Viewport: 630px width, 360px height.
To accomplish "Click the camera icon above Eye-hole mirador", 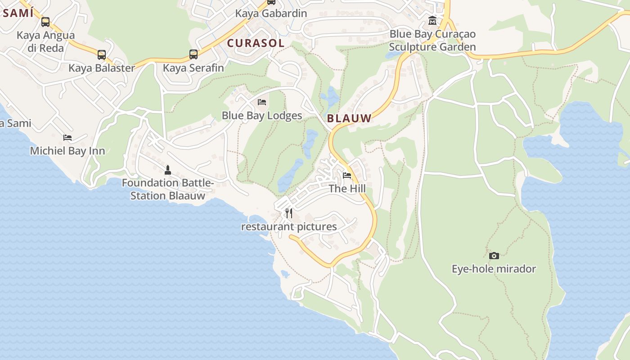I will (x=494, y=256).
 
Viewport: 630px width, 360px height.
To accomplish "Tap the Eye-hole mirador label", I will (x=494, y=269).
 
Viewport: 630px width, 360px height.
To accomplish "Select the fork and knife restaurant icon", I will (x=289, y=213).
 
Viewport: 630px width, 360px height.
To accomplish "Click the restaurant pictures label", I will (x=289, y=227).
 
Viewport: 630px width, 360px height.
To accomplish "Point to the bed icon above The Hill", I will (x=347, y=175).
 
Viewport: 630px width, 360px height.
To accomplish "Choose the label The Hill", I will (x=347, y=189).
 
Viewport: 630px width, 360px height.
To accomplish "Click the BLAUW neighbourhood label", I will (x=349, y=119).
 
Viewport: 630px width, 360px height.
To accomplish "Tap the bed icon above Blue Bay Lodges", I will (x=262, y=102).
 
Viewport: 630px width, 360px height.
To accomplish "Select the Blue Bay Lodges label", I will (x=262, y=116).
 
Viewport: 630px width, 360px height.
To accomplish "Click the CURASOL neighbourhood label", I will (x=256, y=43).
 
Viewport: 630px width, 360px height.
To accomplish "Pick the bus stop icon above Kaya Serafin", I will (x=193, y=54).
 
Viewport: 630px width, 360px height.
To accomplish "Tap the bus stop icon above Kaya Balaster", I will (x=102, y=55).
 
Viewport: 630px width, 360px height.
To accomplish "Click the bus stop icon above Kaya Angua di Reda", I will (x=45, y=22).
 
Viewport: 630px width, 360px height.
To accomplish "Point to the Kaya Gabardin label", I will (x=271, y=13).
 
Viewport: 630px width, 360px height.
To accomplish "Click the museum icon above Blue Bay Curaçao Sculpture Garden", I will (x=432, y=20).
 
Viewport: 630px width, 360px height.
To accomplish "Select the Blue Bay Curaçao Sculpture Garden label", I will (x=432, y=40).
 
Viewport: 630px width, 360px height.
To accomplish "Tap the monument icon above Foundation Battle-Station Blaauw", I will (x=168, y=170).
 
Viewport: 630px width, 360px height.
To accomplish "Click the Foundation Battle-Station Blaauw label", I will (x=168, y=189).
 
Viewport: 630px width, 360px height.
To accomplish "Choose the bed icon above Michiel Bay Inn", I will (x=67, y=137).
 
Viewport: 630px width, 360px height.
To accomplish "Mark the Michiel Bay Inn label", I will (x=67, y=151).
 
